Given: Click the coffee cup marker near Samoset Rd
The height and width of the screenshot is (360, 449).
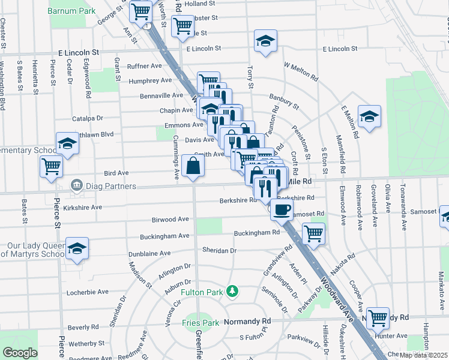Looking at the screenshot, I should coord(282,209).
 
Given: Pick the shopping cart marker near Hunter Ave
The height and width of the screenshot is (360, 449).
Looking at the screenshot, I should coord(378,317).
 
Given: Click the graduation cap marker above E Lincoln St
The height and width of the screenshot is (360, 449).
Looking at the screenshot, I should coord(265,40).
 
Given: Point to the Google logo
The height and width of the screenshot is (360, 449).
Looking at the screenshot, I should coord(20,352).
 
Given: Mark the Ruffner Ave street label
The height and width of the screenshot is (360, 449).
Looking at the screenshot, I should coord(145,67).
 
